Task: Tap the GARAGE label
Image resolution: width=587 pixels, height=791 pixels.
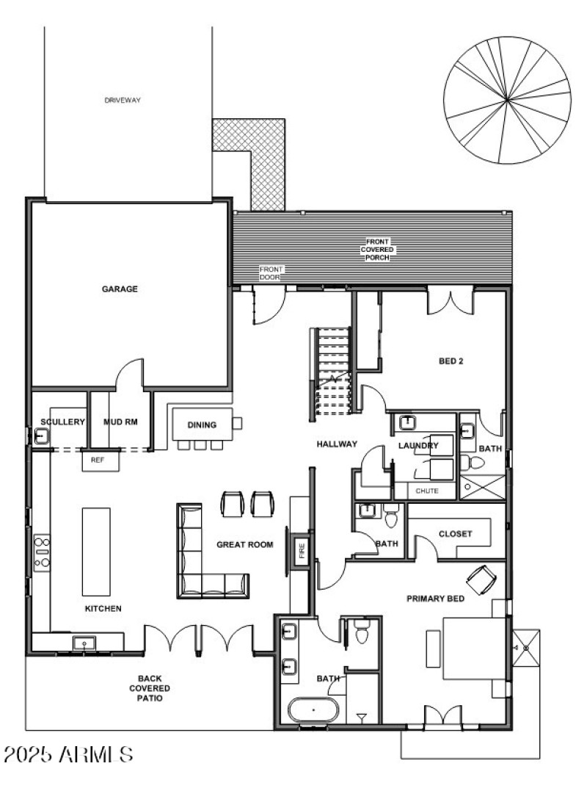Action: pyautogui.click(x=120, y=289)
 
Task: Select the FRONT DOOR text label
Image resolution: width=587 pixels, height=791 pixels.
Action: pyautogui.click(x=271, y=273)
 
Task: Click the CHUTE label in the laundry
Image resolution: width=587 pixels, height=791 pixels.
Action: pyautogui.click(x=426, y=491)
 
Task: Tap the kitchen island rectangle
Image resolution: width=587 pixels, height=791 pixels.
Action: pyautogui.click(x=94, y=551)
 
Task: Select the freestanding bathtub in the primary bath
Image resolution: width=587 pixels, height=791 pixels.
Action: pyautogui.click(x=314, y=711)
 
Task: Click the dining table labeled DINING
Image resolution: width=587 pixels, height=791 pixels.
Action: pyautogui.click(x=202, y=425)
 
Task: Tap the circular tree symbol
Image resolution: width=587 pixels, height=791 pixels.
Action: pyautogui.click(x=507, y=100)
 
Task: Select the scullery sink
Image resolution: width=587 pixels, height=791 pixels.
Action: pyautogui.click(x=41, y=436)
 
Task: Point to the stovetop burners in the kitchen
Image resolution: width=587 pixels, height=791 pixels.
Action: pyautogui.click(x=42, y=551)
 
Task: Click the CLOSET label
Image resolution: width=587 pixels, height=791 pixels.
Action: pyautogui.click(x=455, y=534)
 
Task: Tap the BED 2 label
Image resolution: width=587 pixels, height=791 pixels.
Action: pyautogui.click(x=451, y=361)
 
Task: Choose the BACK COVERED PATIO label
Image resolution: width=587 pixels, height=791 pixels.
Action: pyautogui.click(x=150, y=688)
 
